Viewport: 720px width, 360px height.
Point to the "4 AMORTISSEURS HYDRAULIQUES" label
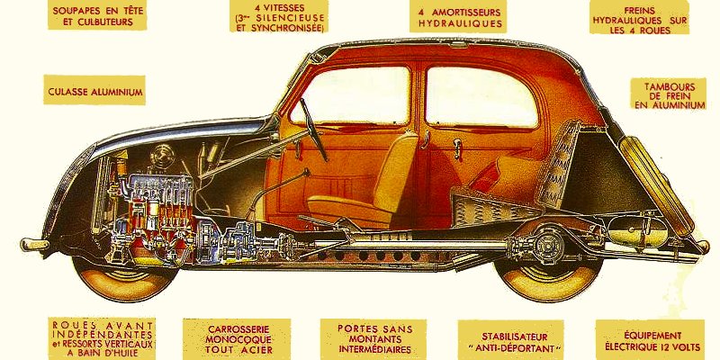(x=460, y=17)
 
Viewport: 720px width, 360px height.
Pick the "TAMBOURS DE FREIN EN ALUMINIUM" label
(x=669, y=95)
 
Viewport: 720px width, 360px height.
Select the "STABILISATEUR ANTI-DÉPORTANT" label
(x=509, y=338)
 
